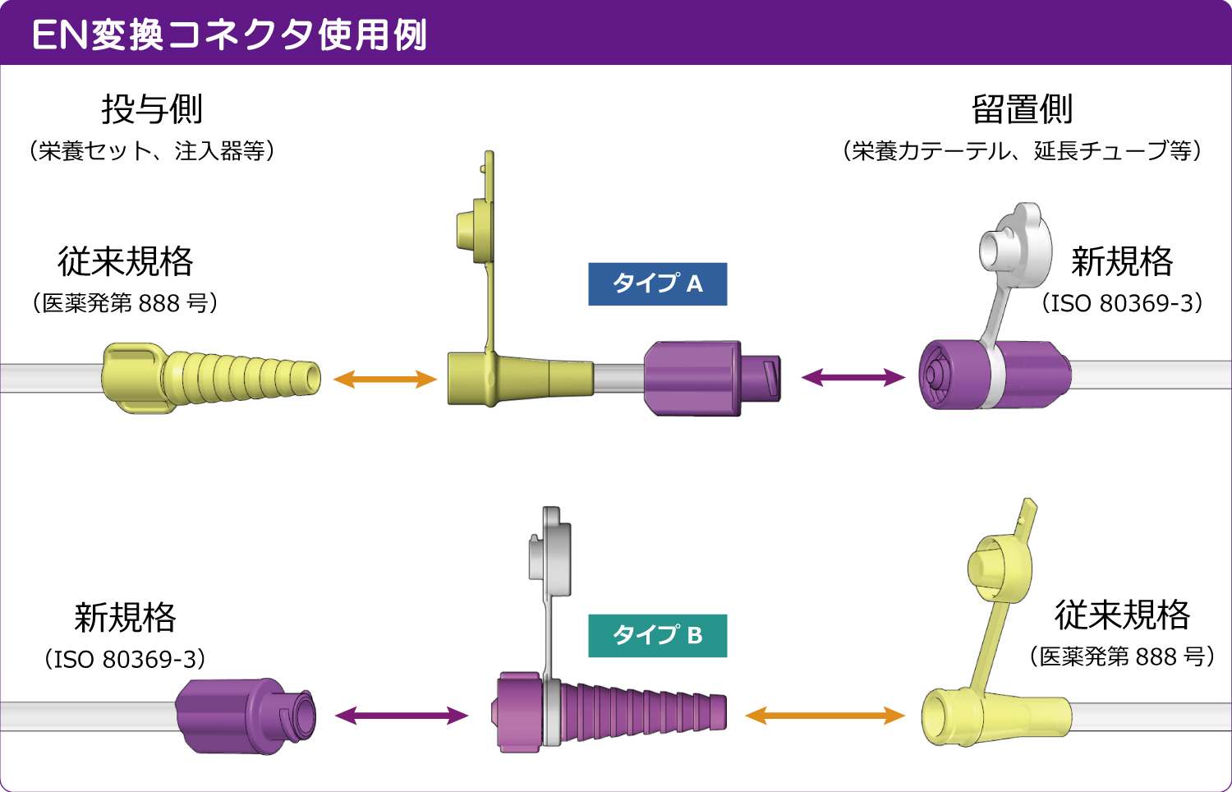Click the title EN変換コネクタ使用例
229,35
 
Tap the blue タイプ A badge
657,284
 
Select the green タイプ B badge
657,636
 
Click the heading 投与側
152,109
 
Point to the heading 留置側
1022,109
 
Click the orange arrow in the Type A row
384,379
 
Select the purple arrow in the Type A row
853,378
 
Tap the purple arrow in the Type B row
402,716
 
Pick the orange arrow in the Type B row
825,716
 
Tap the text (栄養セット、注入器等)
152,151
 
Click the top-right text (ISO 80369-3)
1122,303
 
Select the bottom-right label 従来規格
1122,615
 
